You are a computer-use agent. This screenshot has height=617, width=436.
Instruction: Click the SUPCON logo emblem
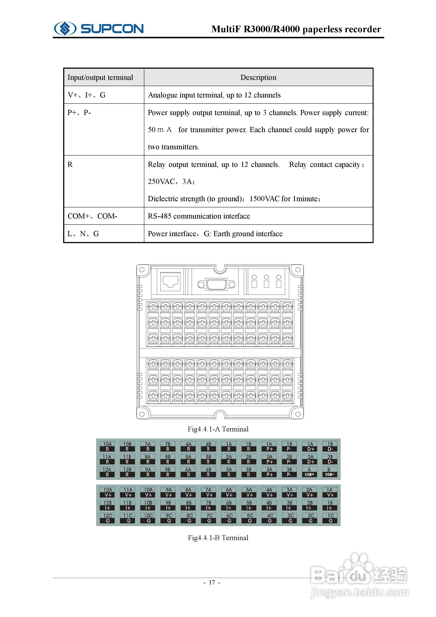tap(65, 28)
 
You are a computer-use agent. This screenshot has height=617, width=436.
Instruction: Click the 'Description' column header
tap(258, 77)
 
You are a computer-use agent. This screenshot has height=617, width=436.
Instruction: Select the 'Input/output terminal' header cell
tap(100, 77)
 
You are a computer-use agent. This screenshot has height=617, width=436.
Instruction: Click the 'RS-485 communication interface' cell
tap(199, 216)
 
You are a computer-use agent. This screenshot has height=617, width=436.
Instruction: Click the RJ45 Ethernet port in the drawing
tap(170, 281)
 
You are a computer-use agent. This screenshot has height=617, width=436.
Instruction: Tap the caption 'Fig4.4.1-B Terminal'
tap(218, 537)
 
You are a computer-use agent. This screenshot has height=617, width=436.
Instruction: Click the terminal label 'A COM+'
tap(309, 472)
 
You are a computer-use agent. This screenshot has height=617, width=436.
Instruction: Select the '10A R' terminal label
tap(107, 446)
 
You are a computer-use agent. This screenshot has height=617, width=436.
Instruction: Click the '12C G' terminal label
tap(108, 518)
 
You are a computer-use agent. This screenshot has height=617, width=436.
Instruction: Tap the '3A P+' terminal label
tap(269, 472)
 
